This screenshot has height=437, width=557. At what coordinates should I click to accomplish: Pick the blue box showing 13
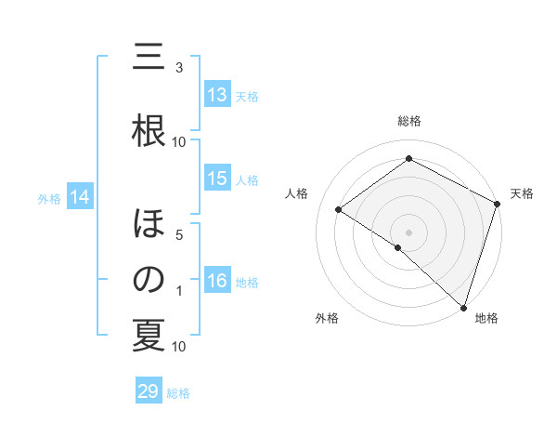217,95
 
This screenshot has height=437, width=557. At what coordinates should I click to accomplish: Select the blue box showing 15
217,179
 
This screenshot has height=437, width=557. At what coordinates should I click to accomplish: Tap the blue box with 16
217,281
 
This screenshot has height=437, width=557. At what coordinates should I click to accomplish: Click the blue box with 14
80,197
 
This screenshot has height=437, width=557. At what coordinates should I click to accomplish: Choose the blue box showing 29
149,391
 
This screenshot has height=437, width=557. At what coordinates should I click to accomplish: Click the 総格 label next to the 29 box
178,393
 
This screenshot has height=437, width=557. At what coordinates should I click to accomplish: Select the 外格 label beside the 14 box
49,198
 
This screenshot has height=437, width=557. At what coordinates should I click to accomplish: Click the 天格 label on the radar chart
522,193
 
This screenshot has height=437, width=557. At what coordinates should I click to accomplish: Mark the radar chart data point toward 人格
339,210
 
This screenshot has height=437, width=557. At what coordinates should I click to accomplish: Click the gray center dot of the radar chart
408,232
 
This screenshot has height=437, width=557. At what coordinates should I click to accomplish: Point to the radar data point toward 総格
408,159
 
